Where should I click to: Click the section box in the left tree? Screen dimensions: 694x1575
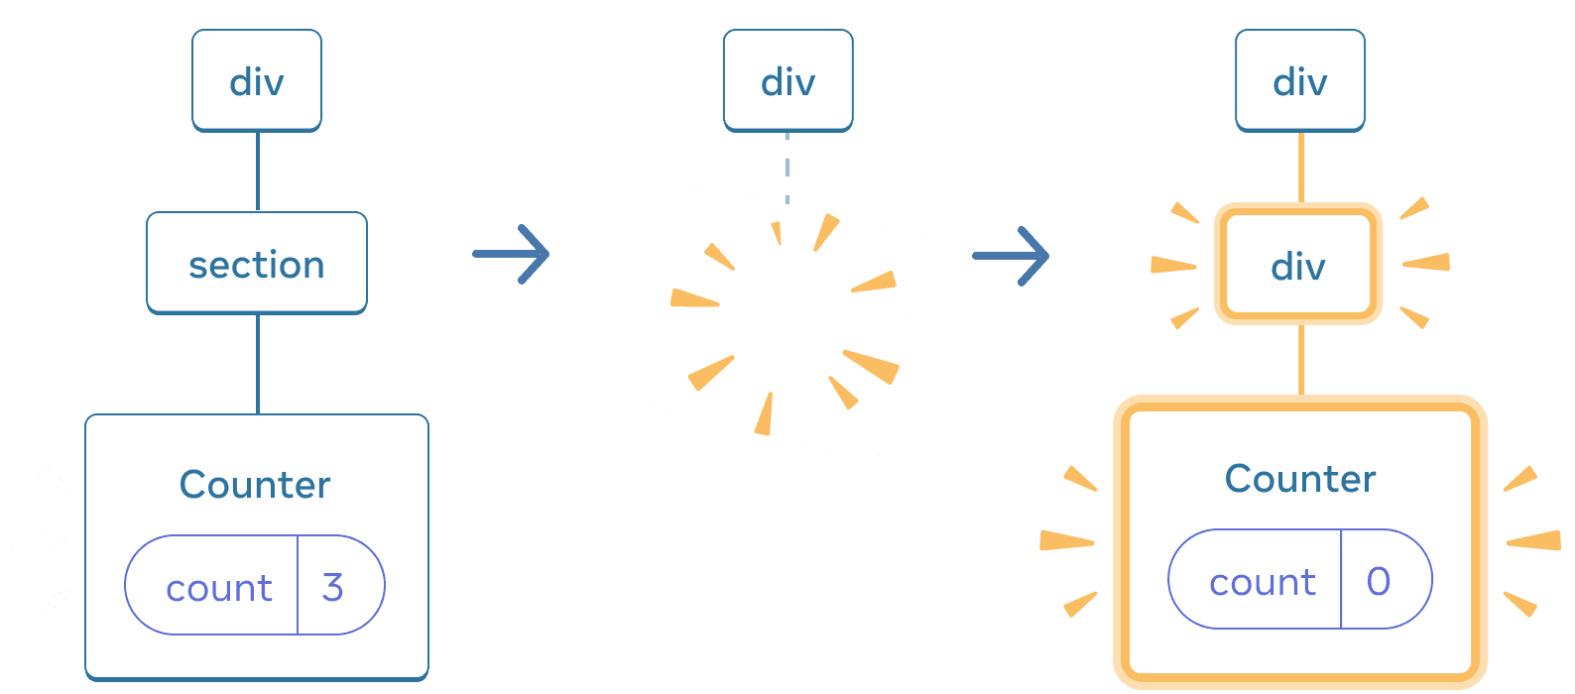tap(257, 264)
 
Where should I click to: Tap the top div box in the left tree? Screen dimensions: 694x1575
tap(257, 80)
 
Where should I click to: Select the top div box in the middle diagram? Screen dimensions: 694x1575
tap(787, 80)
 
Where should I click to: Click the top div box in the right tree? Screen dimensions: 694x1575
tap(1299, 80)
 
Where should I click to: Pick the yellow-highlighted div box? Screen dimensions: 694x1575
tap(1298, 265)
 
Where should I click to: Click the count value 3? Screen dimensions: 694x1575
tap(333, 587)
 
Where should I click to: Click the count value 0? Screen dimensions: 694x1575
tap(1379, 581)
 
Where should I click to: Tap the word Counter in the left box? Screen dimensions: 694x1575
tap(255, 484)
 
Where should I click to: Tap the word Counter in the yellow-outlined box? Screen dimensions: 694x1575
tap(1299, 478)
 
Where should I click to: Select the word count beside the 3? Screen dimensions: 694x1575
tap(218, 588)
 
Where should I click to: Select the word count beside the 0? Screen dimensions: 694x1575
tap(1262, 582)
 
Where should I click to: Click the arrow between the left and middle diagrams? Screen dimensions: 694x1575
tap(511, 254)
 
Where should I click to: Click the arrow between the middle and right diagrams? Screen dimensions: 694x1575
tap(1011, 256)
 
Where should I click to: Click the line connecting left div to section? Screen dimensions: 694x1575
tap(258, 171)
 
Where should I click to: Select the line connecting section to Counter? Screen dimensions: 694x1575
tap(258, 363)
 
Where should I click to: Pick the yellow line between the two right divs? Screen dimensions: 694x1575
tap(1301, 167)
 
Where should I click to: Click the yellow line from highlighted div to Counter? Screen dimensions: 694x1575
tap(1301, 359)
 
